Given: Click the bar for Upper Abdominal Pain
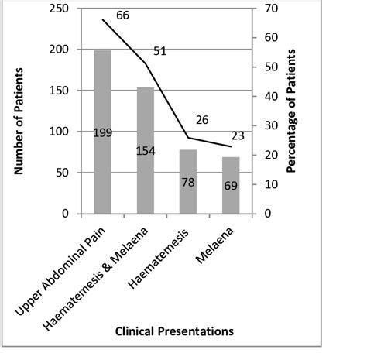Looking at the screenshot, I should pos(103,170).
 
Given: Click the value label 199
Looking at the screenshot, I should pos(103,132).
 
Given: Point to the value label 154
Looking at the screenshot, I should pos(146,150).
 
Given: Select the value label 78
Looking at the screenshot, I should pos(188,182).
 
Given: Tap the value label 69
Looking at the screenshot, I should pos(231,186).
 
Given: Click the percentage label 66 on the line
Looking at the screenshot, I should pos(122,15).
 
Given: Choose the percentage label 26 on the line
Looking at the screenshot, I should pos(202,119).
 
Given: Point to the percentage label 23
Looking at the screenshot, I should pos(237,135).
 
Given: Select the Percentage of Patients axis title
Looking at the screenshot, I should pos(292,111).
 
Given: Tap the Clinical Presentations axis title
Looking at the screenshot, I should pos(173,331).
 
